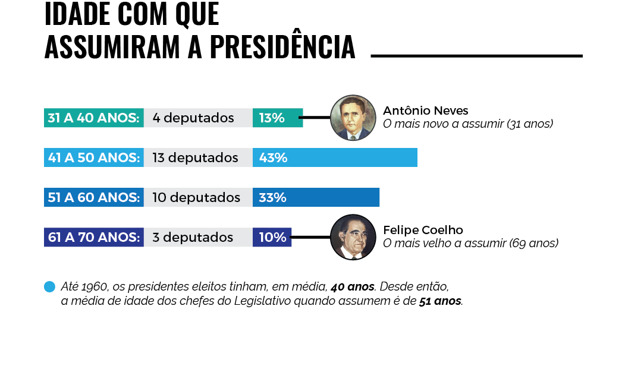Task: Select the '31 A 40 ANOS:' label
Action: point(93,118)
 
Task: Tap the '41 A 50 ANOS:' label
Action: point(93,157)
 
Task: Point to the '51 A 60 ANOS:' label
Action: point(93,197)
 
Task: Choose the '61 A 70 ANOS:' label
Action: point(93,237)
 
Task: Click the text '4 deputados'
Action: point(193,118)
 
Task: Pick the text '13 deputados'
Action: point(195,157)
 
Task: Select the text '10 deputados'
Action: point(196,197)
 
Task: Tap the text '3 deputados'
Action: point(193,237)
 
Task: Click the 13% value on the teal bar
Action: point(271,118)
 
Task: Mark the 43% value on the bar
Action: point(273,157)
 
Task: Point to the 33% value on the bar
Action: point(272,197)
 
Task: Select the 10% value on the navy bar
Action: point(272,237)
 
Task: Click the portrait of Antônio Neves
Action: point(353,118)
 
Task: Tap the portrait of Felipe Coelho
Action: point(353,237)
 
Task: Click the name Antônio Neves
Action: point(425,111)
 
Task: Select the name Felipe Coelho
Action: point(423,230)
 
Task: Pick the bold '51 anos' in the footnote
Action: point(440,301)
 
